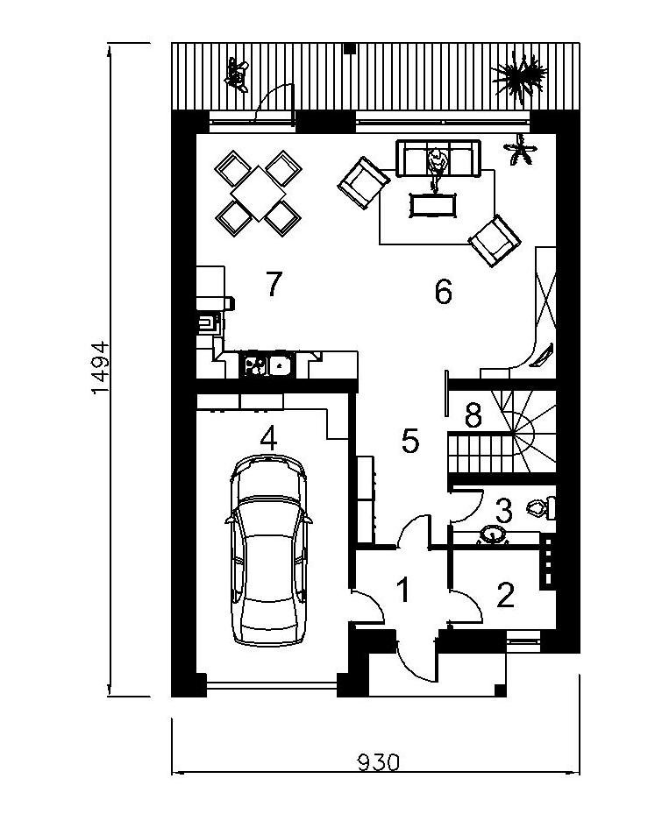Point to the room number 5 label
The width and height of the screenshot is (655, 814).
coord(410,441)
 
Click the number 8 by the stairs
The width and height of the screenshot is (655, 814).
coord(473,414)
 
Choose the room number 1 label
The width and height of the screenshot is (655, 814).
coord(403,590)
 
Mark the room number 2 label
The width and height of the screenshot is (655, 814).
coord(505,595)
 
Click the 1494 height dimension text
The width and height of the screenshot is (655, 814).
coord(100,367)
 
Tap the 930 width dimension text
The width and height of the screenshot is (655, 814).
coord(379,762)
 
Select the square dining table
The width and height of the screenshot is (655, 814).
coord(258,193)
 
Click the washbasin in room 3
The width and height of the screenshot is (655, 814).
coord(492,535)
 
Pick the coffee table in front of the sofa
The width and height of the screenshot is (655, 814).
coord(433,205)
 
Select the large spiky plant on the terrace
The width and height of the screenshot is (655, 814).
coord(519,76)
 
